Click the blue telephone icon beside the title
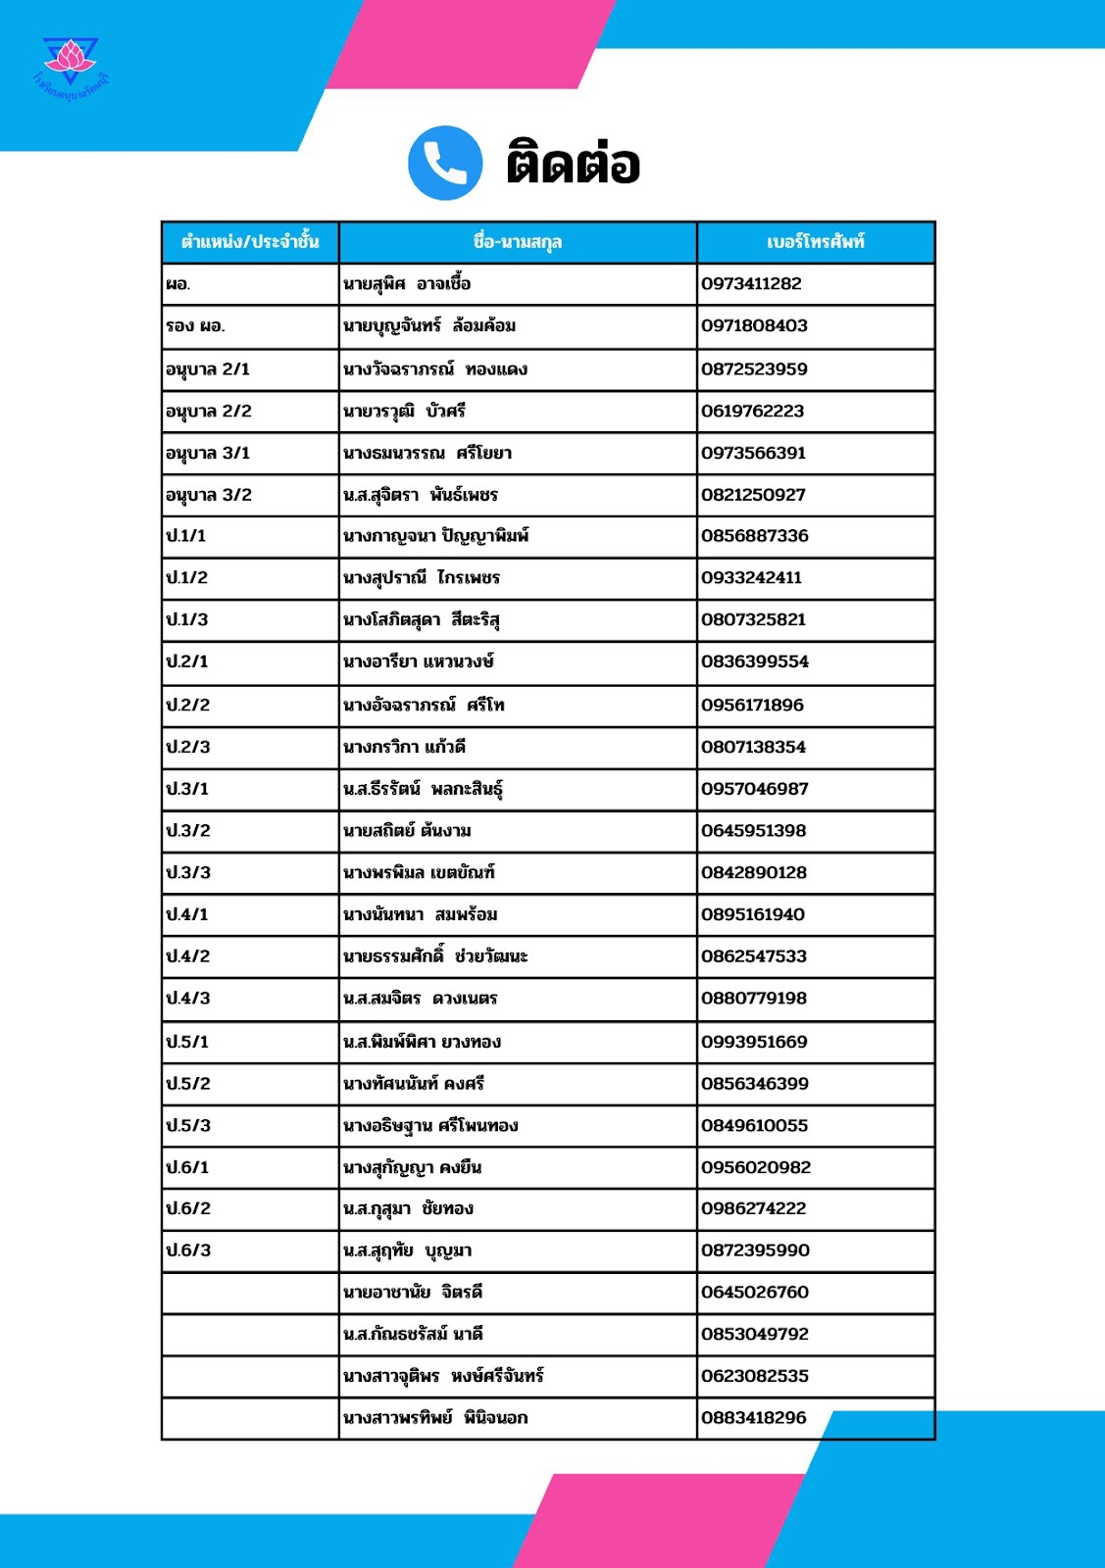pos(445,163)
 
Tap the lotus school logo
pos(71,64)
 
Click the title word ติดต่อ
pos(574,164)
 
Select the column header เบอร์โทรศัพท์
pos(816,242)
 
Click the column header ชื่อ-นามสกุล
pos(518,242)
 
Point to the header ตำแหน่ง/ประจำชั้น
pos(250,242)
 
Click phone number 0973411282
pos(751,284)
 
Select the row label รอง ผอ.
pos(195,326)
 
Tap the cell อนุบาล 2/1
pos(208,369)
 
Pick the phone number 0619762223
pos(752,412)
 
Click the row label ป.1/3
pos(187,620)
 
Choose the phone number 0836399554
pos(755,662)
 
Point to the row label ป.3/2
pos(188,831)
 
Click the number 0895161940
pos(753,915)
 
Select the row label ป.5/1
pos(187,1042)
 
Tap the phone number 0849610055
pos(755,1126)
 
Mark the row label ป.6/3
pos(188,1250)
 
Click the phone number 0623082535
pos(755,1376)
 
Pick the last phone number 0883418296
pos(754,1418)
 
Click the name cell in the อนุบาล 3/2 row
pos(421,496)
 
